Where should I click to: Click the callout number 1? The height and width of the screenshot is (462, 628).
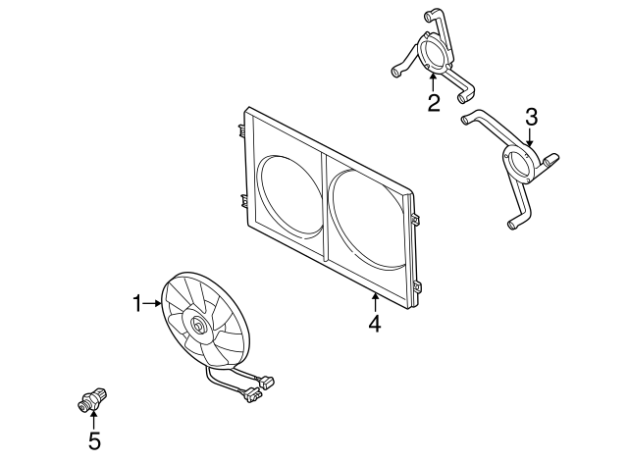coord(137,303)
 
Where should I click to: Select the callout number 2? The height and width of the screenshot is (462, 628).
coord(434,103)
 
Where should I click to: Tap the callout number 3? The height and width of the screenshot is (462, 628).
coord(531,118)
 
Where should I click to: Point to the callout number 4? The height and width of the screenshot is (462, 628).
coord(375,324)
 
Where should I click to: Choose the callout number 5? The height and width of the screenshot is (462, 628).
coord(94,441)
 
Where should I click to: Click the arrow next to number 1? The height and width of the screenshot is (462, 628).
coord(151,303)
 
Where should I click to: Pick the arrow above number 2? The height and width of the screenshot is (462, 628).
coord(433,82)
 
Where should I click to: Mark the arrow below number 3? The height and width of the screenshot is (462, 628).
coord(530,137)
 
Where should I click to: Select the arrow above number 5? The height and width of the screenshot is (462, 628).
coord(94,420)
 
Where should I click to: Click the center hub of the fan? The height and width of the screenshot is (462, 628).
coord(197,325)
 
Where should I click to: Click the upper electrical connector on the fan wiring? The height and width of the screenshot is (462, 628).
coord(268,382)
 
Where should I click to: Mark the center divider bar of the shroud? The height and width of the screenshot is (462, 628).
coord(325,208)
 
